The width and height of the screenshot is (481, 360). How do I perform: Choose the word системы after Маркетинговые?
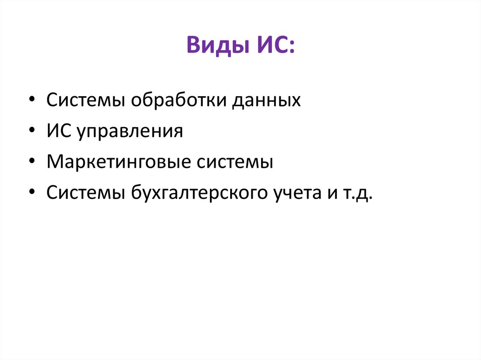[x=233, y=162]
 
